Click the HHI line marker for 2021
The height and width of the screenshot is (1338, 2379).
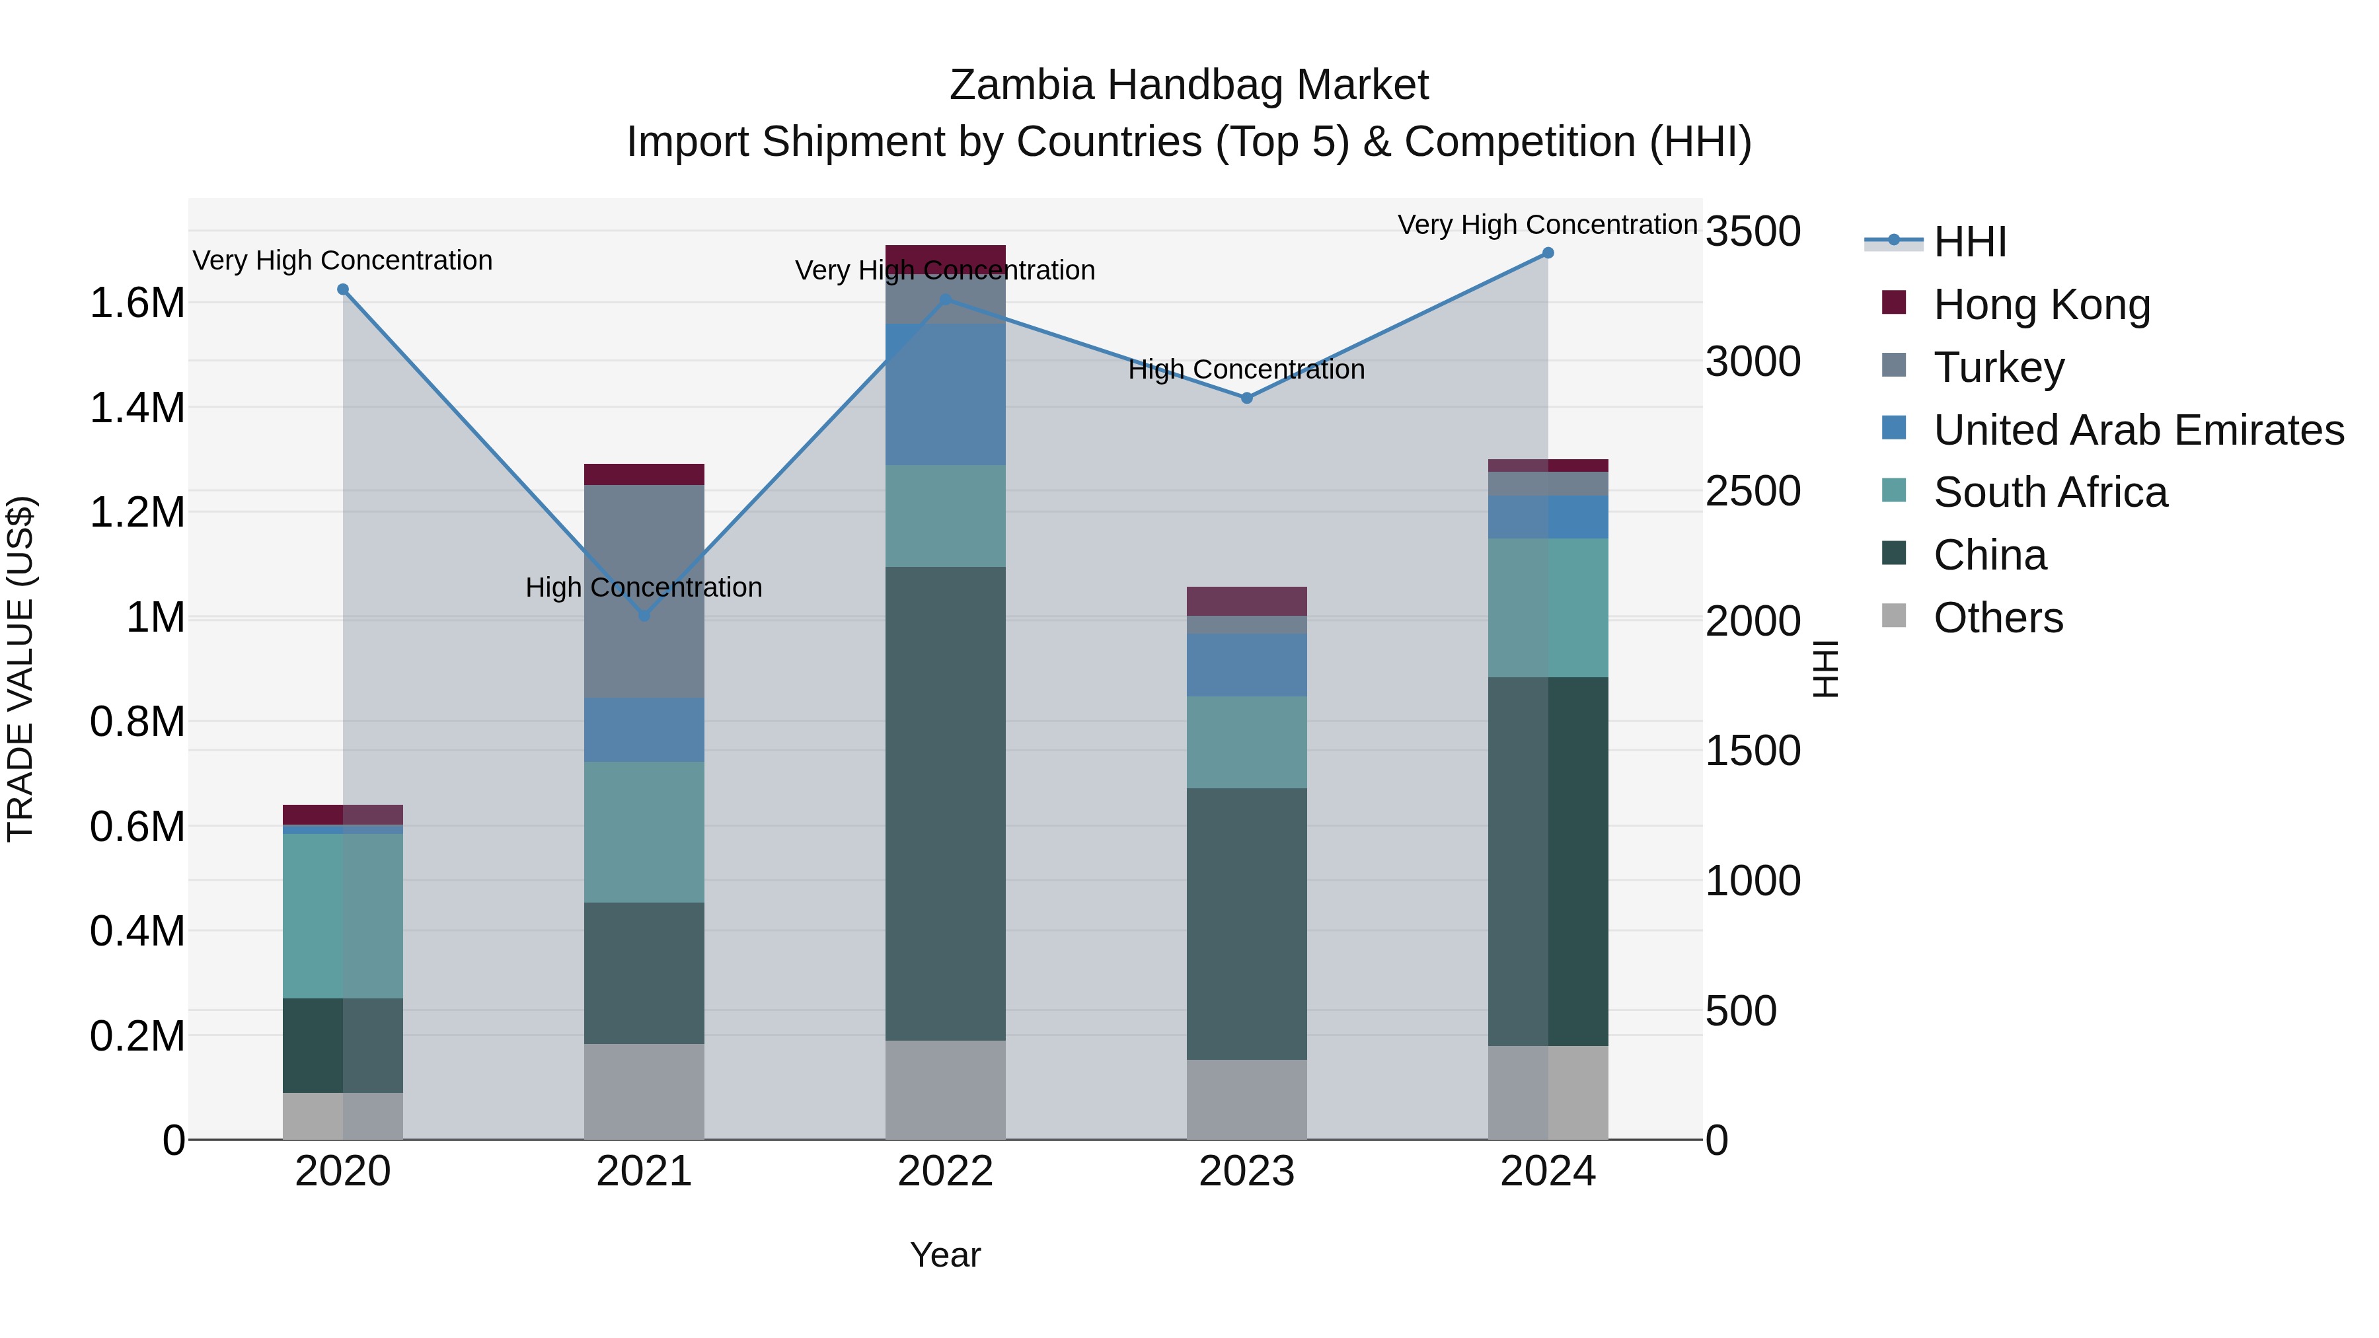[644, 616]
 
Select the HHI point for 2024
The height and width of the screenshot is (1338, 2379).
[1548, 253]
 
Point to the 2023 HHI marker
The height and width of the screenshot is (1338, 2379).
[1247, 398]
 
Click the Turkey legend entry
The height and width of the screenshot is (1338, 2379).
[1998, 367]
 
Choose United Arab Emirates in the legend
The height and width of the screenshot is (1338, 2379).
[2138, 430]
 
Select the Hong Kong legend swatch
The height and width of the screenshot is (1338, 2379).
[1894, 303]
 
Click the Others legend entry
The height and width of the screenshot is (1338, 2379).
[1998, 618]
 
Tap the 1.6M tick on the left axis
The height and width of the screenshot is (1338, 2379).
[137, 303]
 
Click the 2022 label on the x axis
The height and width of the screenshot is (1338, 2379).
[945, 1171]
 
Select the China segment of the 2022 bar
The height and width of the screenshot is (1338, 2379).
[945, 803]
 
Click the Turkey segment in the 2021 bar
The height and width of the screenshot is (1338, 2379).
[644, 591]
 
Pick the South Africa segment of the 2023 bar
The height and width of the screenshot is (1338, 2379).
[1247, 741]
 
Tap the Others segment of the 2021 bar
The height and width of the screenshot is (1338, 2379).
[644, 1092]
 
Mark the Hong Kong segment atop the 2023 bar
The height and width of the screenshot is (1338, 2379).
[1247, 601]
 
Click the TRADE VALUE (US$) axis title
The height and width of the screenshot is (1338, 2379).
[20, 669]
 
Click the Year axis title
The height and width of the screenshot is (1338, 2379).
[945, 1255]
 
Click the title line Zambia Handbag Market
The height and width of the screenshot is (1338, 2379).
[1189, 85]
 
